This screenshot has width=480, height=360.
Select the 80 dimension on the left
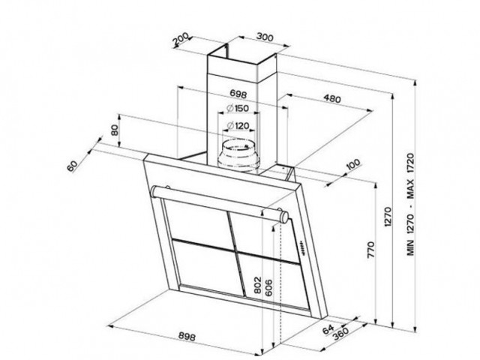[115, 129]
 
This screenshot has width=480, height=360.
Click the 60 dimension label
[72, 166]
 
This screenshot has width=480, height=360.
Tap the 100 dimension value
[353, 166]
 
